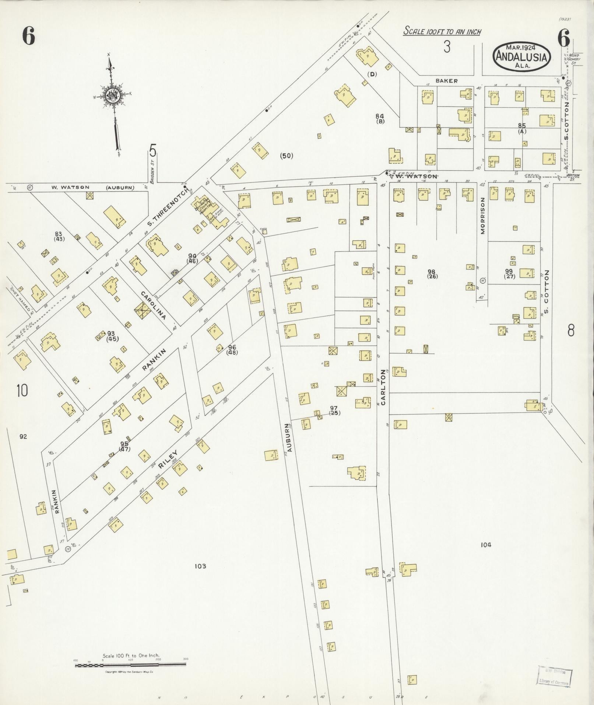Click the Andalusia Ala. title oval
[522, 56]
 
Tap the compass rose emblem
[111, 95]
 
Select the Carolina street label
[153, 306]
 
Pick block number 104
[485, 545]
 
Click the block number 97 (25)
[334, 410]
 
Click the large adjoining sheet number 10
[22, 390]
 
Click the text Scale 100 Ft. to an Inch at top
[442, 32]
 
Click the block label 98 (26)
[432, 274]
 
